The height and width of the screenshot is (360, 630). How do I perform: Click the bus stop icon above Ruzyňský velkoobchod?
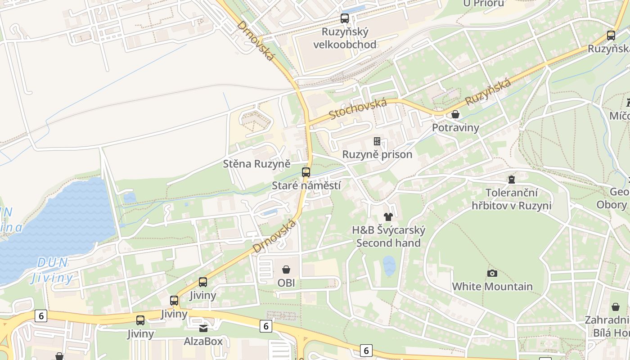tap(345, 18)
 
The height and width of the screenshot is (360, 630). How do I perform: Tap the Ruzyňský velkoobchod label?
tap(345, 38)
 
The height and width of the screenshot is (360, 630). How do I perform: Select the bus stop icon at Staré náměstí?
tap(306, 172)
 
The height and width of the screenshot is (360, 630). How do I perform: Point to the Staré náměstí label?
tap(306, 186)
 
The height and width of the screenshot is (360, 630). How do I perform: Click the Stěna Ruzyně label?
tap(256, 164)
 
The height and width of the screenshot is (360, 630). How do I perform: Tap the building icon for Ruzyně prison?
tap(377, 141)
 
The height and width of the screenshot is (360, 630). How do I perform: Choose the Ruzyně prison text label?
tap(377, 155)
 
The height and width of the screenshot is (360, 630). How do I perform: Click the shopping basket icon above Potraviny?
tap(455, 114)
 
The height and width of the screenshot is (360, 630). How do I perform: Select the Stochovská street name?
tap(358, 109)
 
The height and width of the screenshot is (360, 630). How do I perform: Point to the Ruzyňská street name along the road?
tap(488, 92)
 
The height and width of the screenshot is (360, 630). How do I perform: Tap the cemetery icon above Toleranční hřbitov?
tap(511, 180)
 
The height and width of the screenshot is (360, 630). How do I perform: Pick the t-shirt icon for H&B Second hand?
tap(389, 217)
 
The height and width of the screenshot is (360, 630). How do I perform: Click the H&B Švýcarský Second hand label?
tap(389, 237)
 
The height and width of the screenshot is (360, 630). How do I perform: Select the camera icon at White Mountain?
tap(492, 273)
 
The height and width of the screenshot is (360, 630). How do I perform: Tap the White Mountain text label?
tap(492, 287)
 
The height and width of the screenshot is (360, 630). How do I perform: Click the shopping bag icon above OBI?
tap(286, 270)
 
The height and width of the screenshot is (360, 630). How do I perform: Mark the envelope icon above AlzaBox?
tap(203, 328)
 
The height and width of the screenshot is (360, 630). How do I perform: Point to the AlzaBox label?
tap(203, 342)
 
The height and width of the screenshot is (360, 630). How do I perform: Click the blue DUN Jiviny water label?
tap(53, 270)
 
